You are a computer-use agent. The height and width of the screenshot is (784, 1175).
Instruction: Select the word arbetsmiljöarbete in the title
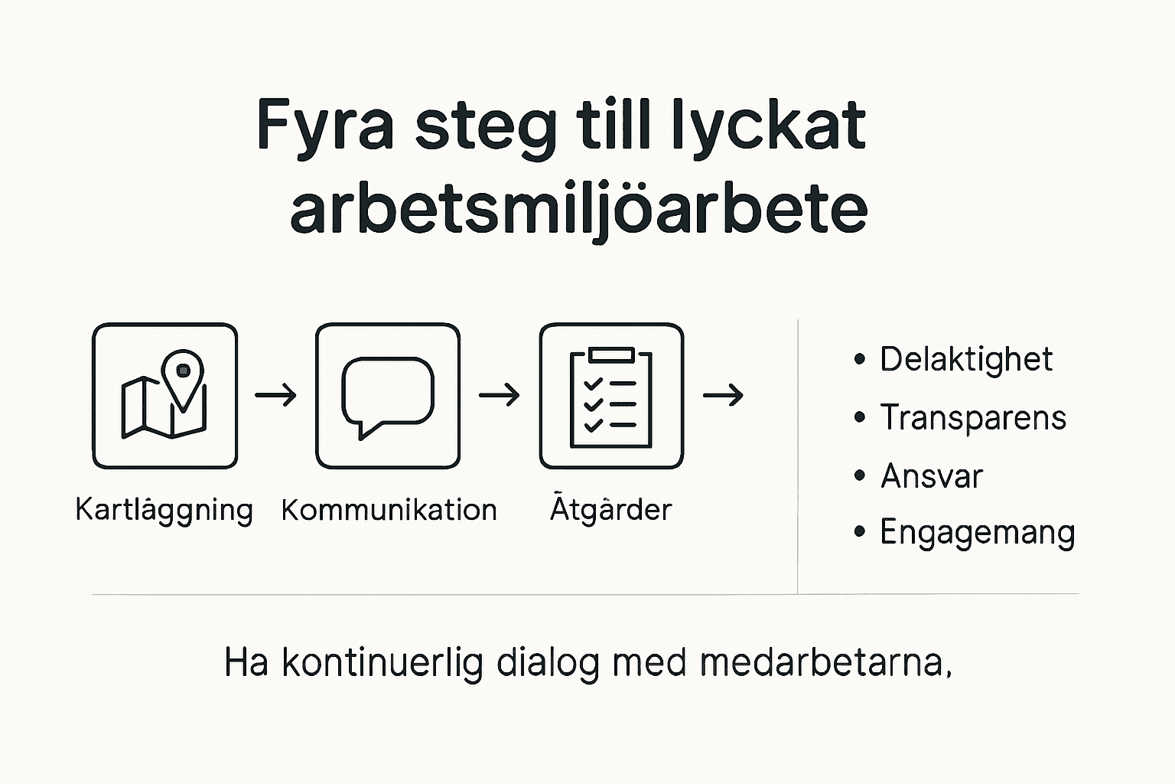coord(579,209)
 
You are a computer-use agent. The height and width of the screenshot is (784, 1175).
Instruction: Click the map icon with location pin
coord(164,396)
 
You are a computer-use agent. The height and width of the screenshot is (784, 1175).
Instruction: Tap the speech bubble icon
coord(388,396)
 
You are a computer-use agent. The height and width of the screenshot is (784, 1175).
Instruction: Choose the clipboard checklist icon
coord(611,396)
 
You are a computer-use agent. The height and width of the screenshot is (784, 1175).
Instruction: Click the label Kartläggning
coord(164,510)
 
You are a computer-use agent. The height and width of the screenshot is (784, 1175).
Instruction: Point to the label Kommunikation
coord(389,510)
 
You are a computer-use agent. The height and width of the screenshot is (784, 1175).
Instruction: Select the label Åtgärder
coord(610,509)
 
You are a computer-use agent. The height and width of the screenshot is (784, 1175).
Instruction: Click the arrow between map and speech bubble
coord(275,396)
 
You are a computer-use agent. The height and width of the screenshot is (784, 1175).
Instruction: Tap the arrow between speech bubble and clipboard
coord(499,396)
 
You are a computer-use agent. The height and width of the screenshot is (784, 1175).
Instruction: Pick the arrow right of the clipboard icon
coord(723,396)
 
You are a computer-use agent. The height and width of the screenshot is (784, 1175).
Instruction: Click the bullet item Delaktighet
coord(965,359)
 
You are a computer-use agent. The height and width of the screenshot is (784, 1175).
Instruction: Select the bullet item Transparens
coord(972,418)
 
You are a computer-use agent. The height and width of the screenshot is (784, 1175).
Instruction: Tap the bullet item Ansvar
coord(931,476)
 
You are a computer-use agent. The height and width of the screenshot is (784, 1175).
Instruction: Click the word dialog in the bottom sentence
coord(548,663)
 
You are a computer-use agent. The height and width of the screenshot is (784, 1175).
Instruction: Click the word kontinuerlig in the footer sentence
coord(382,663)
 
